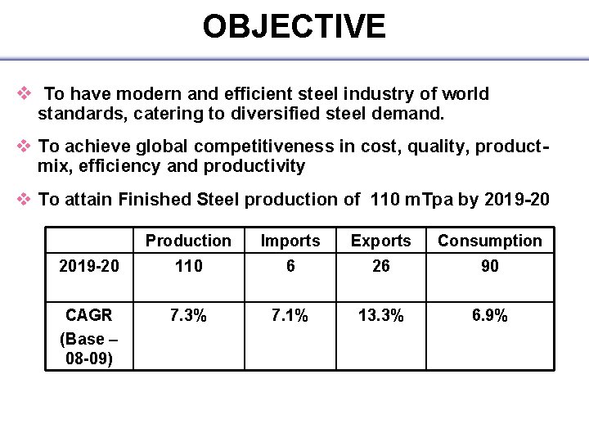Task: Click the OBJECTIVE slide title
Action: (294, 27)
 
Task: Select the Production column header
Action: (188, 241)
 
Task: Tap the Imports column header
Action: (290, 241)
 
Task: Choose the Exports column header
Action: (380, 241)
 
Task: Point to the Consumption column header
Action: (489, 241)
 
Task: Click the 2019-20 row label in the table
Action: (88, 266)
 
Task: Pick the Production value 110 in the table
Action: (188, 266)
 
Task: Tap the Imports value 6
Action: (290, 266)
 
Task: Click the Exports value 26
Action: (380, 266)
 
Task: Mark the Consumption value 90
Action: (489, 266)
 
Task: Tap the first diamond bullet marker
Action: (24, 93)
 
